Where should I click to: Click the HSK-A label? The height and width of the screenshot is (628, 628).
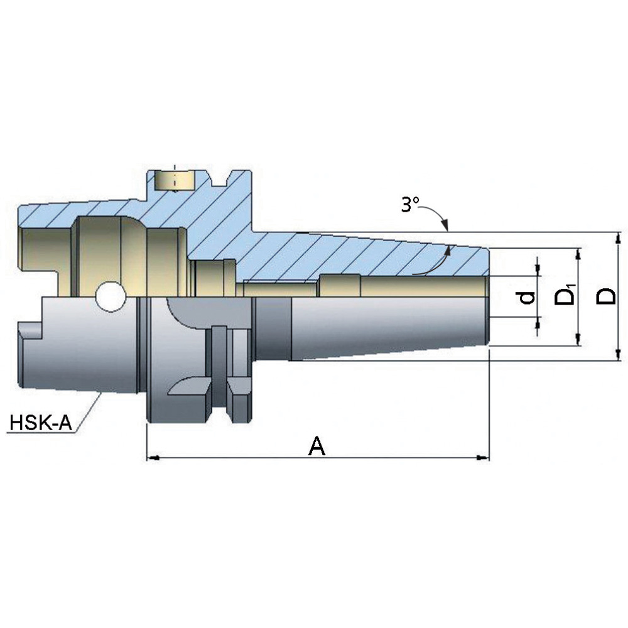(x=41, y=422)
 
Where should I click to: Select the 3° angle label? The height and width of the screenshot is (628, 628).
(x=410, y=205)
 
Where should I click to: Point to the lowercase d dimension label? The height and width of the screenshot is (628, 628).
(x=527, y=297)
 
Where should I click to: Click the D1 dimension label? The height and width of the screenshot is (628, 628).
(x=565, y=295)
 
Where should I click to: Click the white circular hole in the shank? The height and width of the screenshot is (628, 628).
(x=111, y=297)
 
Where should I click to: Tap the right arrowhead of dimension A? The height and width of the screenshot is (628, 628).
(x=482, y=457)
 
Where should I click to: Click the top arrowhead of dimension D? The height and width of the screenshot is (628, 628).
(x=619, y=237)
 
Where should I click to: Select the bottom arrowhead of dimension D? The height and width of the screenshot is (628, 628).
(x=619, y=355)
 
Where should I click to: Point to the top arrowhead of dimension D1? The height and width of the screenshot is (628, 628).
(x=578, y=254)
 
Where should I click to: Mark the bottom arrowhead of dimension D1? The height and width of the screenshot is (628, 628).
(x=578, y=340)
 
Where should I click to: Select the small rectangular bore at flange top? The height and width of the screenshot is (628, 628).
(x=174, y=181)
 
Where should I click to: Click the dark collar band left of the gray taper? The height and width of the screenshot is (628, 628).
(x=273, y=329)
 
